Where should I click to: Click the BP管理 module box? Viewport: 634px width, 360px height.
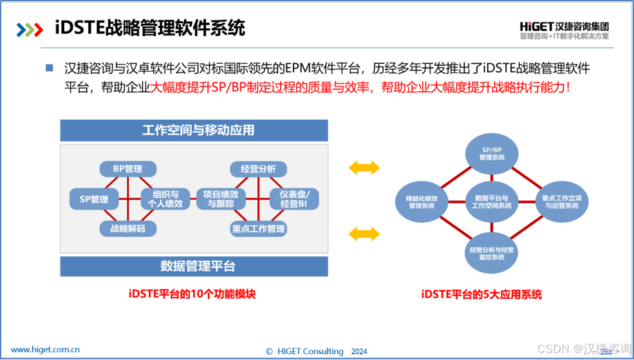pyautogui.click(x=127, y=169)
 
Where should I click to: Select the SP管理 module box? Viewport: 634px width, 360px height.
pyautogui.click(x=94, y=199)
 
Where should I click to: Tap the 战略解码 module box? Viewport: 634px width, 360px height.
pyautogui.click(x=127, y=229)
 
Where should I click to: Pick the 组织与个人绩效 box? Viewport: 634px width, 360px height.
pyautogui.click(x=165, y=198)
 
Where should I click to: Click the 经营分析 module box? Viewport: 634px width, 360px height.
pyautogui.click(x=258, y=169)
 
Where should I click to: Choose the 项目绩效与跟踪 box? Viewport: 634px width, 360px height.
pyautogui.click(x=220, y=198)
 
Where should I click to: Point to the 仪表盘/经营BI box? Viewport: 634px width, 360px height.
pyautogui.click(x=294, y=198)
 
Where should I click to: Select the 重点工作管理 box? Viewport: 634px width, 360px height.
pyautogui.click(x=258, y=229)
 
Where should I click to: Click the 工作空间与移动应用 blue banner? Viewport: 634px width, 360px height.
pyautogui.click(x=194, y=130)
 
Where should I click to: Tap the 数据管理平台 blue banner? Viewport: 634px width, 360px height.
pyautogui.click(x=194, y=266)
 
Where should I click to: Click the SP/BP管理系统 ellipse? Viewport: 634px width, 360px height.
pyautogui.click(x=492, y=153)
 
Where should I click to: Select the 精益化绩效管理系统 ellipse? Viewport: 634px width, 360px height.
pyautogui.click(x=422, y=202)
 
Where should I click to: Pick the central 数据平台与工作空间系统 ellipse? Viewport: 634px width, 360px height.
pyautogui.click(x=492, y=202)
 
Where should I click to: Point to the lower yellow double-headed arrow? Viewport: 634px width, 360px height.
pyautogui.click(x=364, y=232)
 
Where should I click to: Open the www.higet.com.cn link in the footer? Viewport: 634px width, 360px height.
pyautogui.click(x=46, y=350)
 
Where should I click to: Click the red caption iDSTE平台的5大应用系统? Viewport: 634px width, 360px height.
pyautogui.click(x=481, y=295)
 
